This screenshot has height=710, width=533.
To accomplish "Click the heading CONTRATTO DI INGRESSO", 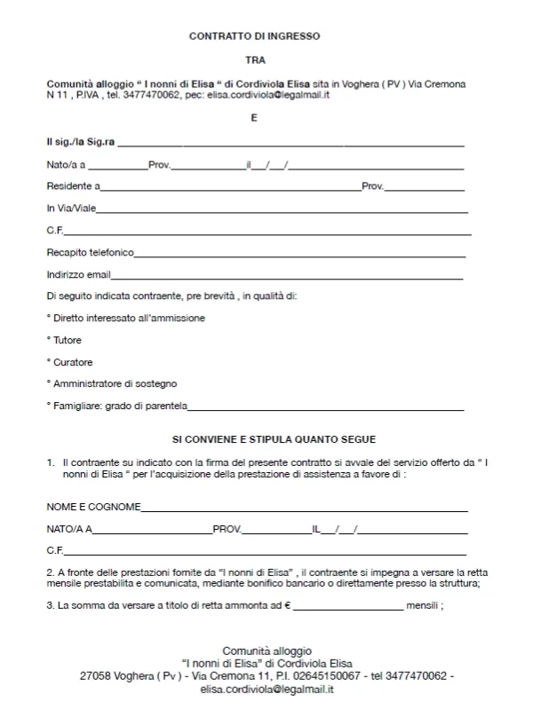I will tap(254, 36).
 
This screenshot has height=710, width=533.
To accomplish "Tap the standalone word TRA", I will tap(254, 60).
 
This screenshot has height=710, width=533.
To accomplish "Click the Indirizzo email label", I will tap(78, 275).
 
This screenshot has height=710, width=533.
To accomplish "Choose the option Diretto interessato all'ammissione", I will tap(129, 318).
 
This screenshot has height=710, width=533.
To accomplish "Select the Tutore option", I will tap(67, 340).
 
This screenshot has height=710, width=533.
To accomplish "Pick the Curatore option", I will tap(72, 362).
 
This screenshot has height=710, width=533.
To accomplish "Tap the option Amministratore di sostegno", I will tap(115, 383).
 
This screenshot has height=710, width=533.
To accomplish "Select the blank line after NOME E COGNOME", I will tap(304, 509).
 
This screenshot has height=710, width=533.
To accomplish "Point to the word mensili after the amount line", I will tap(422, 606).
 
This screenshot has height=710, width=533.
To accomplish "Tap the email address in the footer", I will tap(266, 689).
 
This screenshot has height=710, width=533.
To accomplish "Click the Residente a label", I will tap(73, 186).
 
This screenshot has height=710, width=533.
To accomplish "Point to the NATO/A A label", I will tap(69, 529).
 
